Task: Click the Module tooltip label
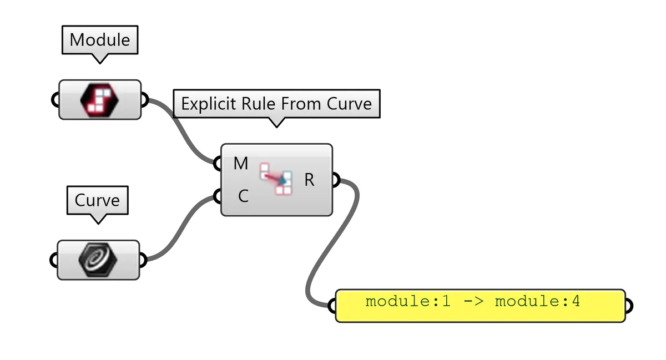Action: (100, 40)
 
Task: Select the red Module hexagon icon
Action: (100, 99)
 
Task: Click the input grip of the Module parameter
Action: (55, 100)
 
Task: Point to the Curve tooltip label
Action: (97, 200)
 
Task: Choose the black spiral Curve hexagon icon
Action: (98, 259)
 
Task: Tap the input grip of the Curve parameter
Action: (54, 259)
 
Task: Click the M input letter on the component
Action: (240, 164)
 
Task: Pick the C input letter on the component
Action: (243, 196)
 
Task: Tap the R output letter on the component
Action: (309, 180)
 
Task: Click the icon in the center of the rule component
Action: (276, 179)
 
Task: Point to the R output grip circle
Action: (336, 180)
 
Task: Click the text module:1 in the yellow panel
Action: (407, 302)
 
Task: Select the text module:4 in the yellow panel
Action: (537, 302)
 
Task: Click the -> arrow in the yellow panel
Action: (472, 302)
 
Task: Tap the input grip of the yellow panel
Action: (332, 305)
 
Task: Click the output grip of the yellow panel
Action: (629, 305)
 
